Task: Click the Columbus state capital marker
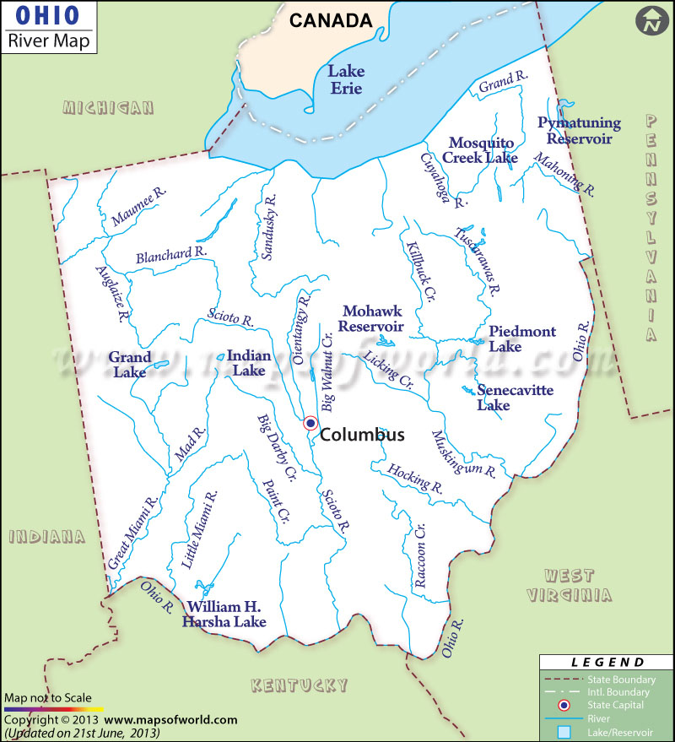point(310,423)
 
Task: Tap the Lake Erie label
point(345,79)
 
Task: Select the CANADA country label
point(331,20)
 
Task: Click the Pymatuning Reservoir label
point(579,130)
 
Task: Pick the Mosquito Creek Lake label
point(483,149)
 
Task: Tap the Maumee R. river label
point(139,208)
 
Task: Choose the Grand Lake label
point(129,364)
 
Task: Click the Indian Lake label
point(249,363)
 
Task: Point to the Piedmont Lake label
point(521,339)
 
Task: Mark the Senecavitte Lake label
point(505,398)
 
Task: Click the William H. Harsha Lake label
point(224,615)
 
